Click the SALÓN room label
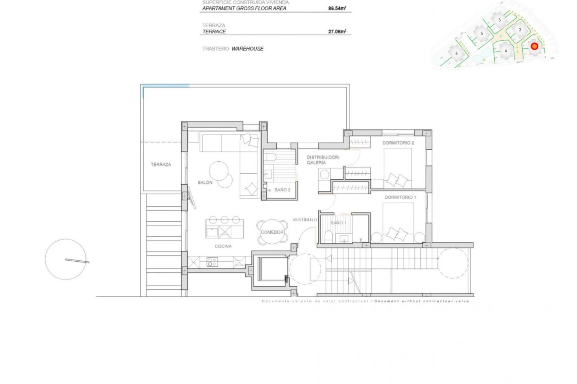tap(205, 182)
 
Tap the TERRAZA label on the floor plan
tap(161, 164)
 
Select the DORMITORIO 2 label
tap(398, 143)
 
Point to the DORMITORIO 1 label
tap(400, 197)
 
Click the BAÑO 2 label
tap(282, 190)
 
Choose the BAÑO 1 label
tap(338, 223)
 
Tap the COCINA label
tap(223, 246)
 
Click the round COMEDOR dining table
tap(272, 232)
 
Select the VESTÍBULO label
tap(304, 220)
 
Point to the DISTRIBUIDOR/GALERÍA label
tap(322, 160)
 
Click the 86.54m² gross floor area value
tap(337, 8)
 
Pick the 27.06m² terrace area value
tap(337, 31)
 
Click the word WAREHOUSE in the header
tap(247, 49)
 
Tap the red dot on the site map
tap(534, 46)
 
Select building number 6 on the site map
tap(456, 53)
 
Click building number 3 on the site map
tap(499, 20)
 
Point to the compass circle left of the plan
tap(66, 259)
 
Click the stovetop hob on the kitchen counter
tap(212, 262)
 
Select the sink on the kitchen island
tap(212, 232)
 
